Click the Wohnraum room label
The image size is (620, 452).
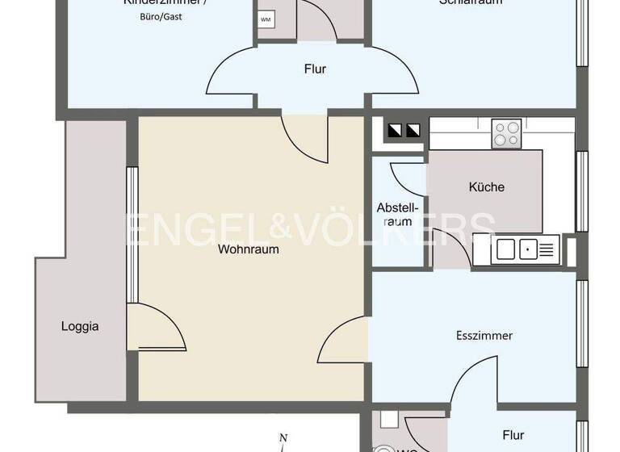click(248, 249)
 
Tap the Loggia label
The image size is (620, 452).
click(80, 327)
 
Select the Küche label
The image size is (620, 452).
click(486, 187)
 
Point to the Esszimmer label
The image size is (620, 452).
click(485, 336)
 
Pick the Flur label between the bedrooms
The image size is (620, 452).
click(315, 69)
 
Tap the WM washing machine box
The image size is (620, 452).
click(266, 19)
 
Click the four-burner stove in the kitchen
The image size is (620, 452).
click(506, 133)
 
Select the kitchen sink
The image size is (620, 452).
click(517, 249)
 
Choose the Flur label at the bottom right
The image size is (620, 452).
click(513, 436)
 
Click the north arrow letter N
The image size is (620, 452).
click(283, 438)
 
